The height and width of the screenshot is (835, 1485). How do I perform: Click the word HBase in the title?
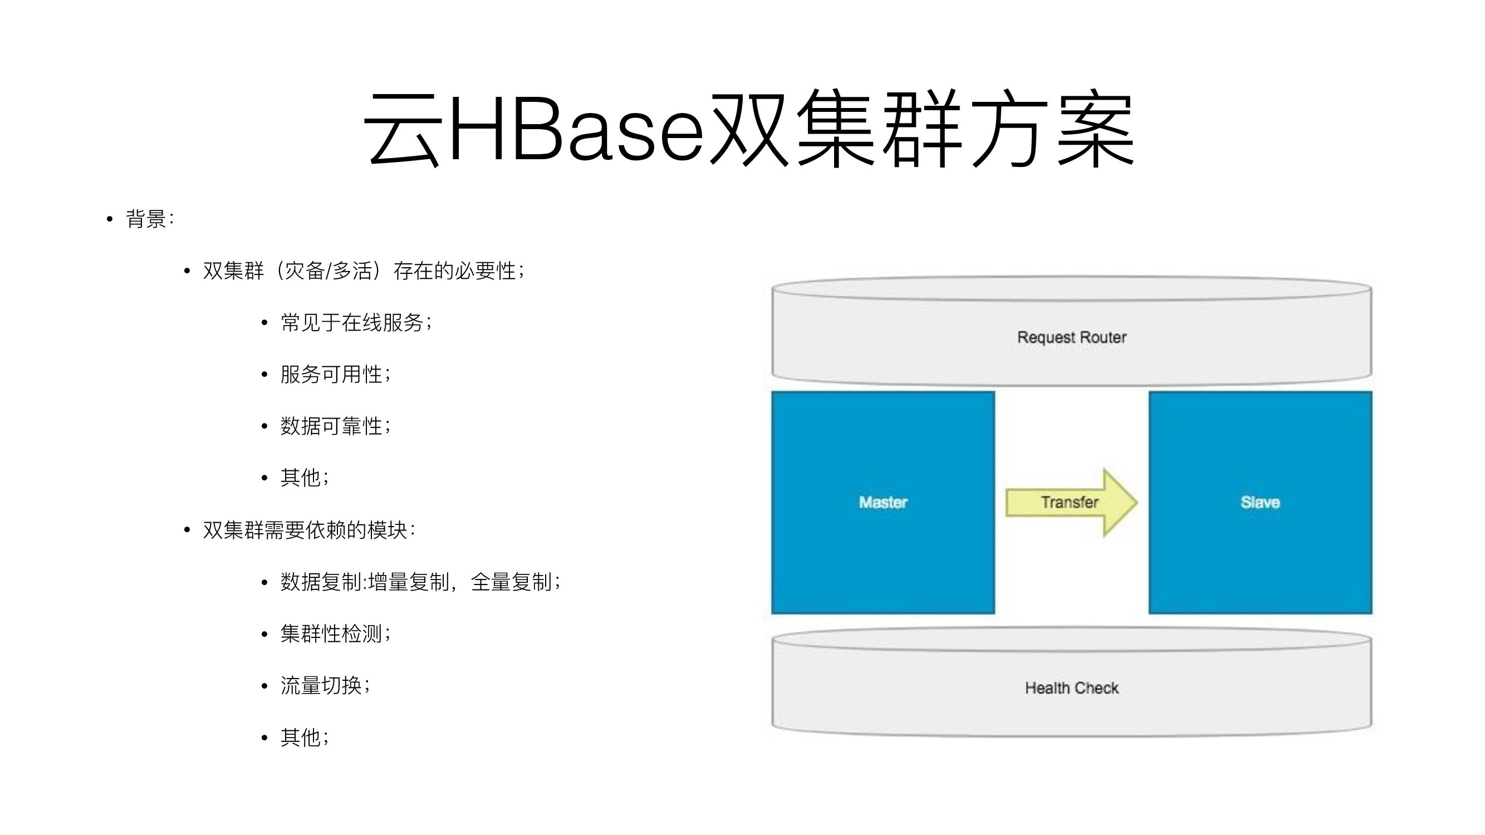click(576, 128)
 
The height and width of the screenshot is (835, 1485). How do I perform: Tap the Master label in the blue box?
click(883, 503)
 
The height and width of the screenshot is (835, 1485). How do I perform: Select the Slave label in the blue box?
click(1259, 503)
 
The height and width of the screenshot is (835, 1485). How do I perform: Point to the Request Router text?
click(1071, 337)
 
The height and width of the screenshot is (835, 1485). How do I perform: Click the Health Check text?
click(1071, 687)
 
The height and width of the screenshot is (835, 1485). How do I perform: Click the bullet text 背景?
click(149, 219)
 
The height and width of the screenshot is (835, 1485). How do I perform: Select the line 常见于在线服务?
click(356, 323)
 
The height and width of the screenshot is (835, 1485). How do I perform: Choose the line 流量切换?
click(325, 686)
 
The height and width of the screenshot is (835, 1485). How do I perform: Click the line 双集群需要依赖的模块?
click(308, 530)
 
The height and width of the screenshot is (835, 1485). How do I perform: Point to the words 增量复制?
click(409, 582)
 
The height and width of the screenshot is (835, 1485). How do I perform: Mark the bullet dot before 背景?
click(110, 219)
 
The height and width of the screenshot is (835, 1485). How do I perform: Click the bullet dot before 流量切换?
click(264, 686)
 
